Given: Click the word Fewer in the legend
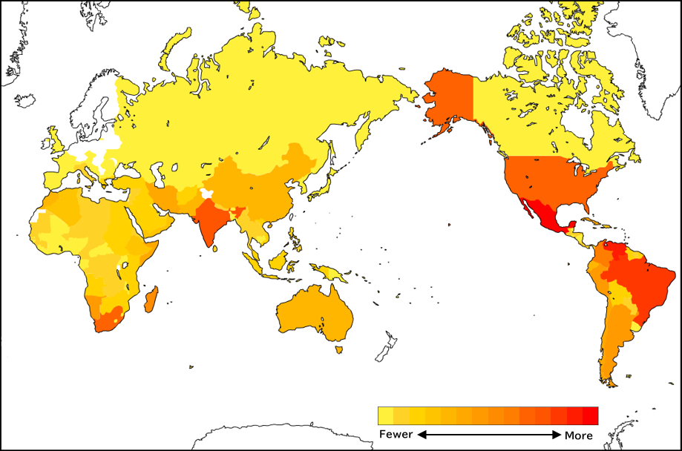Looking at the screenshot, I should tap(396, 435).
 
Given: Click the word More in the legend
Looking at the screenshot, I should tap(578, 435).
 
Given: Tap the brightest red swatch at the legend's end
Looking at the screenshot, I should tap(590, 415).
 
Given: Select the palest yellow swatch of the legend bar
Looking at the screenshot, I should tap(385, 415).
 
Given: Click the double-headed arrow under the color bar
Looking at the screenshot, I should tap(488, 435).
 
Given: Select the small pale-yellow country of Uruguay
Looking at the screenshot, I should tap(636, 326).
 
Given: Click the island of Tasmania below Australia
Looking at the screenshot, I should tap(339, 349).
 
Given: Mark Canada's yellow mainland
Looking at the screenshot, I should tap(549, 126).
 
